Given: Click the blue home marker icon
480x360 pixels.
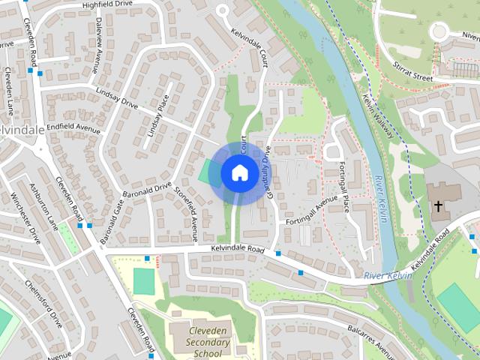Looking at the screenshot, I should tap(239, 172).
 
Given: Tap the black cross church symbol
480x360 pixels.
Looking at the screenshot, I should tap(438, 205).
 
